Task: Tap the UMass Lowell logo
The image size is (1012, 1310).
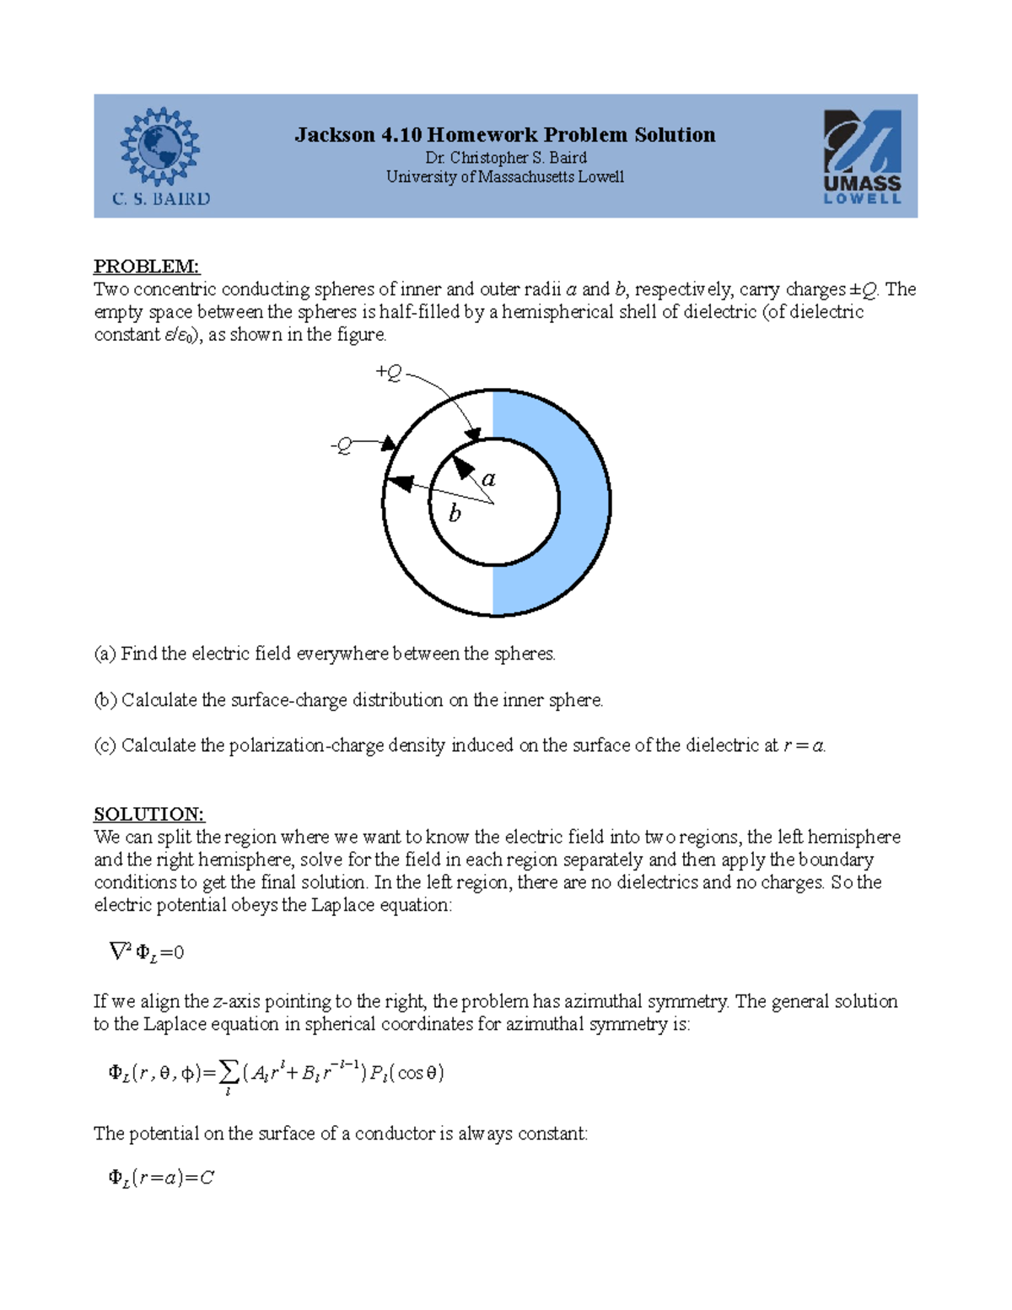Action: [862, 157]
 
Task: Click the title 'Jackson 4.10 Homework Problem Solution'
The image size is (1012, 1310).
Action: [504, 135]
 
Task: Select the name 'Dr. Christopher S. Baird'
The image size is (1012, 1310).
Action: [505, 158]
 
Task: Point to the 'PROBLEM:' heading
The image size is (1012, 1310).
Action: [146, 267]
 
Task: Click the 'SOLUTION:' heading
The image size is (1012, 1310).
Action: [148, 814]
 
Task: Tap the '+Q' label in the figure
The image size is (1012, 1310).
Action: [389, 372]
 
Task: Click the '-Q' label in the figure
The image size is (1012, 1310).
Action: [342, 445]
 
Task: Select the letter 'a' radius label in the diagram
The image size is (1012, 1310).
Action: [488, 478]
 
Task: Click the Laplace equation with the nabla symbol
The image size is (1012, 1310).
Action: [147, 952]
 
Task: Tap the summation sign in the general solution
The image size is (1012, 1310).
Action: [228, 1073]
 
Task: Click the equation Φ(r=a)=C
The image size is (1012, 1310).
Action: [161, 1178]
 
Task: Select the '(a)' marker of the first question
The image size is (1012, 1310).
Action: [105, 654]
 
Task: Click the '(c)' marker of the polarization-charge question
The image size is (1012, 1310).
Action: [105, 746]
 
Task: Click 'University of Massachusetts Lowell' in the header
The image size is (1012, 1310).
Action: [505, 177]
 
